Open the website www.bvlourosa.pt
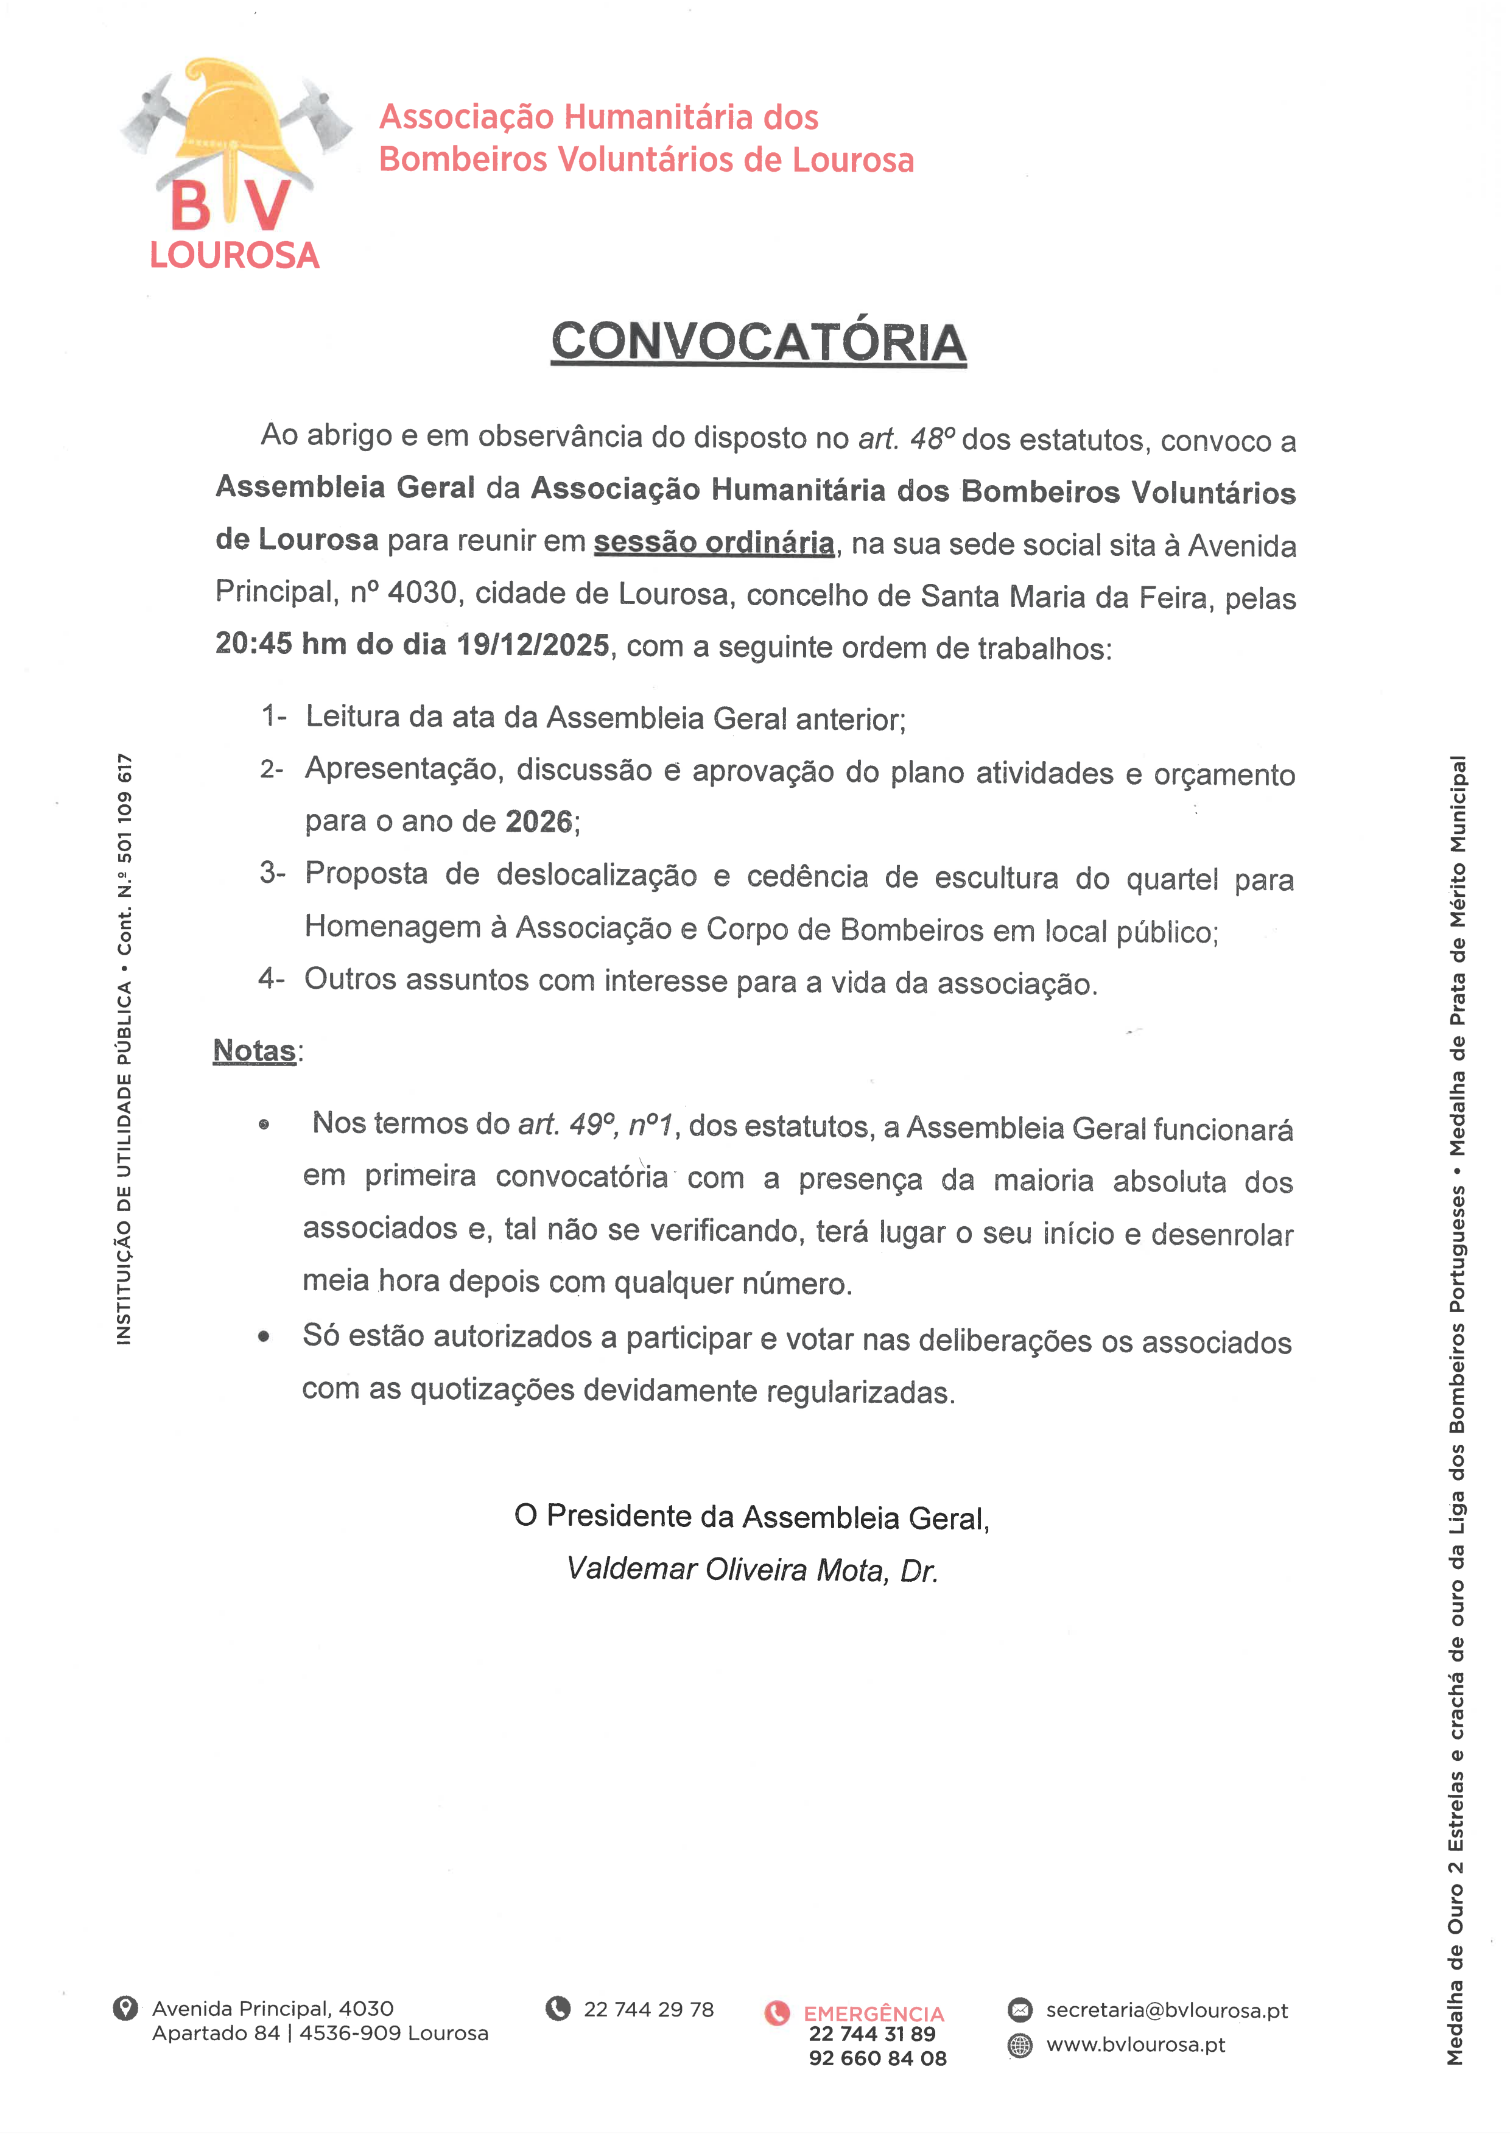tap(1136, 2044)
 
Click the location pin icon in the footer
tap(125, 2009)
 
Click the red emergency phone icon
tap(776, 2013)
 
